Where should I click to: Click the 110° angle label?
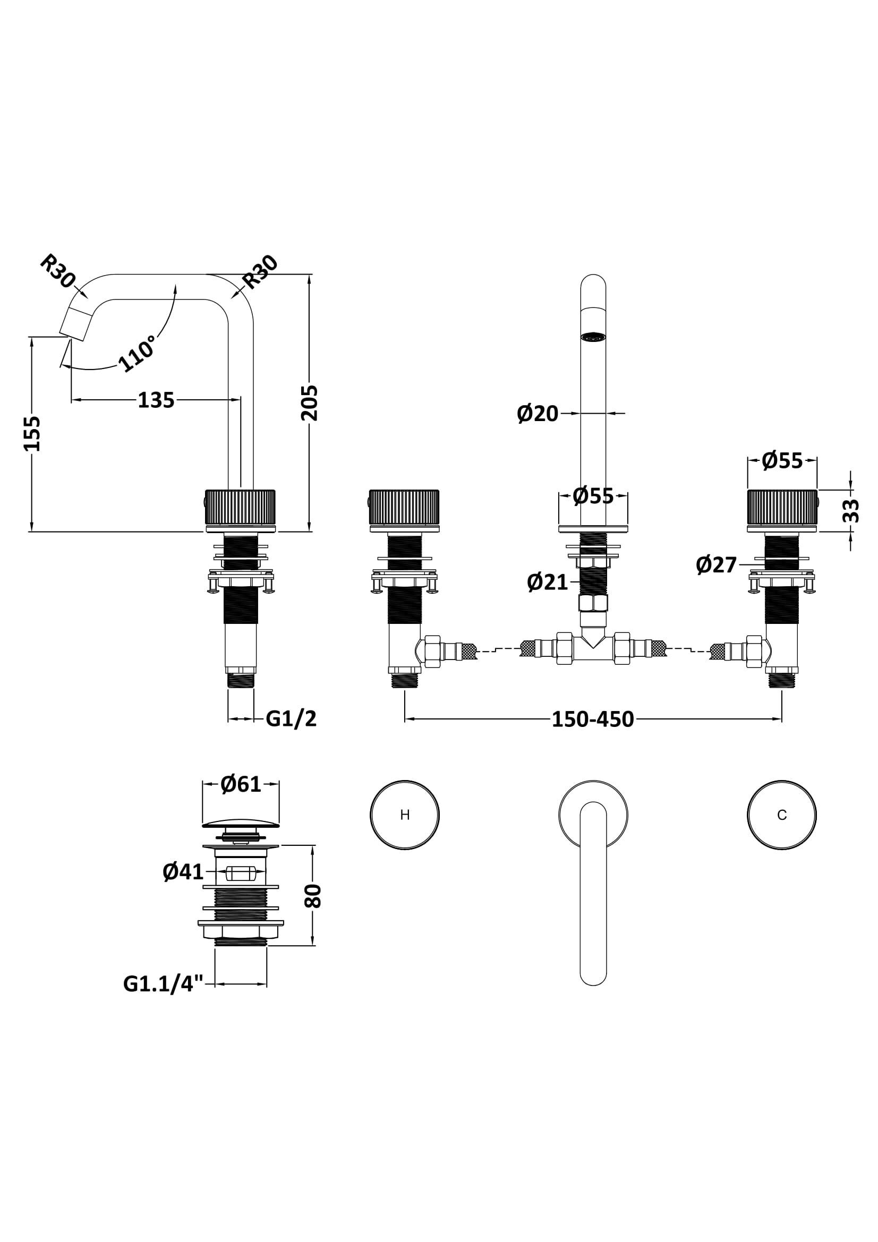[137, 353]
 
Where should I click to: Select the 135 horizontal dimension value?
[156, 400]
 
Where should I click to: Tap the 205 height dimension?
[310, 403]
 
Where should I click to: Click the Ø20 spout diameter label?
[537, 414]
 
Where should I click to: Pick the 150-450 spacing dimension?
[592, 719]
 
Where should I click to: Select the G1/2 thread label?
[291, 719]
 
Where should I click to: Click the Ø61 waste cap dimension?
[241, 784]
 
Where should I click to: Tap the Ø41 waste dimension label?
[183, 872]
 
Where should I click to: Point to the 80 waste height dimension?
[314, 896]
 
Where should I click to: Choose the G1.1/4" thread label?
[163, 984]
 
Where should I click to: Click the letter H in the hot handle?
[405, 815]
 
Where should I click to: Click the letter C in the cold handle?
[781, 815]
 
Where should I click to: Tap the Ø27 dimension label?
[716, 566]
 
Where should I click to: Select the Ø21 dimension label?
[548, 582]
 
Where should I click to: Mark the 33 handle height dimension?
[851, 510]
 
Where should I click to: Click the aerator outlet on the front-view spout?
[592, 337]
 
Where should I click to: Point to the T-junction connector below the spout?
[593, 646]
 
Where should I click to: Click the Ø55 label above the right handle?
[782, 461]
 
